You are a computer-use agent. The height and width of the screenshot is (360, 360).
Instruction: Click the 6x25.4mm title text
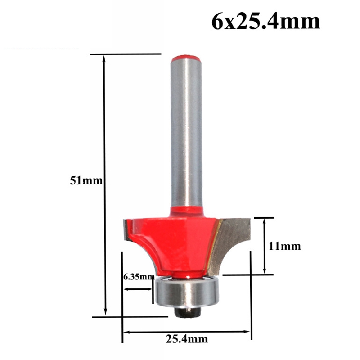(265, 22)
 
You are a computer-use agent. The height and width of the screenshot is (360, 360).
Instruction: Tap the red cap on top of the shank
(186, 58)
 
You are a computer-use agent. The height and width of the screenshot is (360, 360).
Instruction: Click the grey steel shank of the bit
(186, 135)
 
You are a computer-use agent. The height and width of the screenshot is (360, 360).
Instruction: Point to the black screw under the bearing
(186, 311)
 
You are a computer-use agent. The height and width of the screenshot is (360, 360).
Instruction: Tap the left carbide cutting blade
(126, 232)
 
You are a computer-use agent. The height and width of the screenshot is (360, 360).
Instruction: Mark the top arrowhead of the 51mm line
(105, 58)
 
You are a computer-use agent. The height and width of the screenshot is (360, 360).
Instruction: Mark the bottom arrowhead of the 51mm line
(106, 312)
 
